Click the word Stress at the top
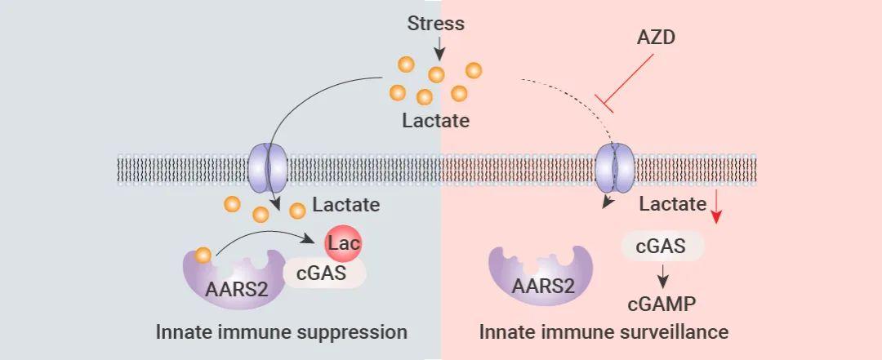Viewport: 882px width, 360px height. tap(436, 24)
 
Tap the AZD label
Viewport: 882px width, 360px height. tap(656, 38)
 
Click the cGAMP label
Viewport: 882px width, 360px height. tap(662, 304)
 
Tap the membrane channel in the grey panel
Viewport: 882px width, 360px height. tap(269, 168)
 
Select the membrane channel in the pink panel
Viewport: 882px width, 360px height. tap(615, 168)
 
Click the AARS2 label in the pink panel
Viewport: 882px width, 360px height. tap(543, 287)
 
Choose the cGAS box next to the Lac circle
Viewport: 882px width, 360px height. tap(323, 273)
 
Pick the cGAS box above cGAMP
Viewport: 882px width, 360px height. tap(662, 246)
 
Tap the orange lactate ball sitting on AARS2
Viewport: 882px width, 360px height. tap(203, 256)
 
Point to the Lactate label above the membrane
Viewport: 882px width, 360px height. tap(436, 120)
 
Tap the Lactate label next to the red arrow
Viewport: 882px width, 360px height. tap(673, 203)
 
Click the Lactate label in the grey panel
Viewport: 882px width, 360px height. tap(346, 205)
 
